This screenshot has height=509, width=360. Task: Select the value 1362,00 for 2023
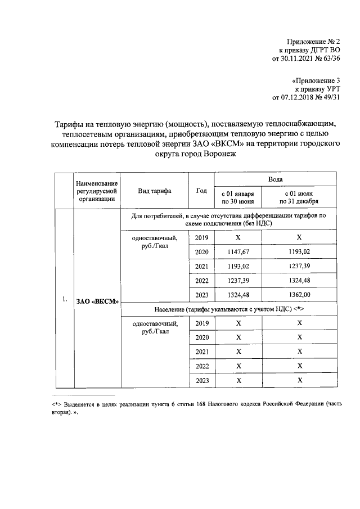[299, 294]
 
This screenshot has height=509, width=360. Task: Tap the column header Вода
[275, 179]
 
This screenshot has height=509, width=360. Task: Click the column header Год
[201, 191]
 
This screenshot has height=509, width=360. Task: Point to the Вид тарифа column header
[155, 191]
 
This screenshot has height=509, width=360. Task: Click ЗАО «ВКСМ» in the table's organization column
[98, 301]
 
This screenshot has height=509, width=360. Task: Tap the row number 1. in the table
[65, 299]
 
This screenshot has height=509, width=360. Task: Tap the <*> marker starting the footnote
[56, 404]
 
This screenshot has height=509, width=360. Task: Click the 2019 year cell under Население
[201, 323]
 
